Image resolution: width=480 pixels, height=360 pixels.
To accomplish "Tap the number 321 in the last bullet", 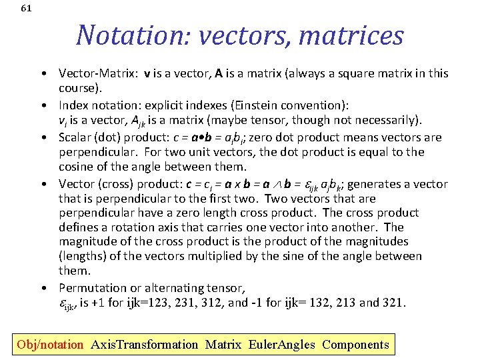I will pyautogui.click(x=393, y=303).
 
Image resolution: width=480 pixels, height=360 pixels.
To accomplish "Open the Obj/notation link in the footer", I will pyautogui.click(x=50, y=345).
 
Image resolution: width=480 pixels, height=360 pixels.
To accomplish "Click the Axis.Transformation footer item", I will pyautogui.click(x=144, y=345).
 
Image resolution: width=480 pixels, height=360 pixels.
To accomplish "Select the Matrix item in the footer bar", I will pyautogui.click(x=223, y=345).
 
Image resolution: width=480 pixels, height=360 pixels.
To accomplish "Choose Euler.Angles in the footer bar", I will pyautogui.click(x=281, y=345).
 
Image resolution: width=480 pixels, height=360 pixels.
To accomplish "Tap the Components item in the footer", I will pyautogui.click(x=355, y=345).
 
